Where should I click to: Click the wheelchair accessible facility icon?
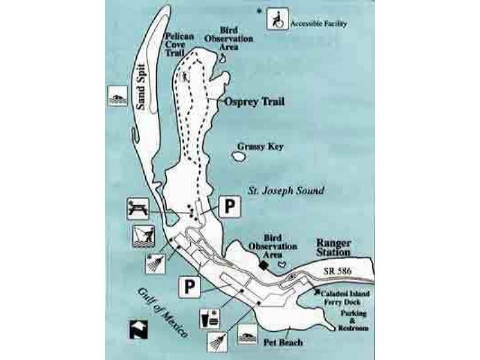(x=277, y=19)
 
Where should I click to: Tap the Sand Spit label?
(x=141, y=87)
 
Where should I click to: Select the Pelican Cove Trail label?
(x=179, y=44)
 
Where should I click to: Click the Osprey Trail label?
(x=254, y=101)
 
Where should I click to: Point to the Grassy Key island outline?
(x=239, y=157)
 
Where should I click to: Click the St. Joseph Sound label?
(x=286, y=191)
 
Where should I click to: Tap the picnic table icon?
(x=138, y=209)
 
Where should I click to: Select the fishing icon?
(x=143, y=236)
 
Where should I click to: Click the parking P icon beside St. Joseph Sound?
(x=230, y=207)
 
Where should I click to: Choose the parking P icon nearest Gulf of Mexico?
(x=190, y=287)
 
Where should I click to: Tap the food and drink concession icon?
(x=209, y=319)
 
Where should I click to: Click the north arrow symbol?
(x=139, y=329)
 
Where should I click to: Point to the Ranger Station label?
(x=334, y=248)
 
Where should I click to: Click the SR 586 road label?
(x=337, y=271)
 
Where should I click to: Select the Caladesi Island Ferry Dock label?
(x=344, y=298)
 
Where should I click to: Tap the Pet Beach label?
(x=283, y=342)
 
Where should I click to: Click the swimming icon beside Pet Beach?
(x=247, y=334)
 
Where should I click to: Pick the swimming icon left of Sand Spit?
(x=118, y=96)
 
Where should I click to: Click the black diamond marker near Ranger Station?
(x=263, y=265)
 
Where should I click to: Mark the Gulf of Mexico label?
(x=162, y=313)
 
